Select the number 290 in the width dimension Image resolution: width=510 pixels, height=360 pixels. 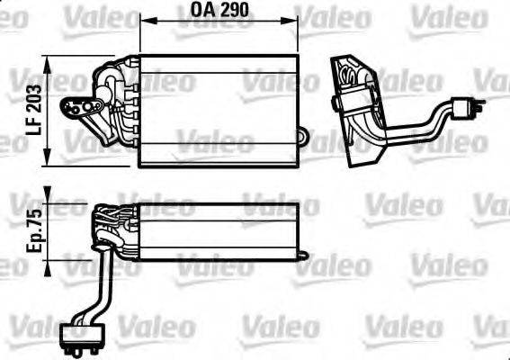pos(233,12)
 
